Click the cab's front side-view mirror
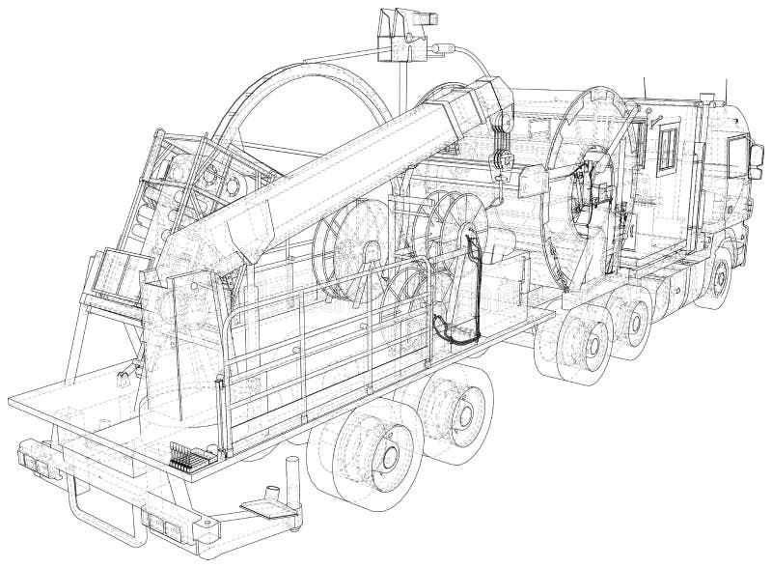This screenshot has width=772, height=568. point(739,154)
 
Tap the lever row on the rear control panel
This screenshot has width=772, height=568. point(185,453)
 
